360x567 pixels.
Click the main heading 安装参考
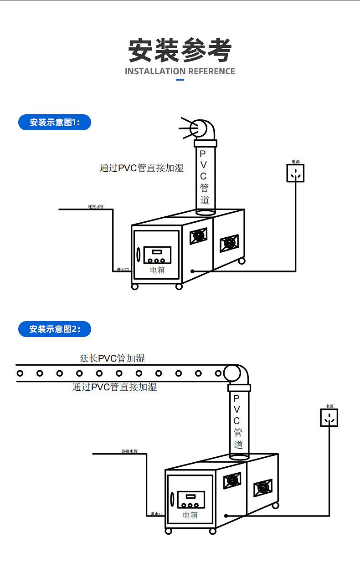(x=180, y=50)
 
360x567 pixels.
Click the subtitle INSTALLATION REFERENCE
(x=180, y=72)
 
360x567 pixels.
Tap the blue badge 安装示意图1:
(x=55, y=123)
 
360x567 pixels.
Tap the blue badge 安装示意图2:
(x=55, y=329)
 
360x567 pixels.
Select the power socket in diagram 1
(x=295, y=173)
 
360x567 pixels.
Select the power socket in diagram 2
(x=329, y=418)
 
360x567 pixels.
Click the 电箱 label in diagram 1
(x=157, y=270)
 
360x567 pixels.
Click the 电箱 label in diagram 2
(x=190, y=515)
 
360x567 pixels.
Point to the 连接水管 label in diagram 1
(x=96, y=207)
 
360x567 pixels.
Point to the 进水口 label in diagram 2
(x=156, y=514)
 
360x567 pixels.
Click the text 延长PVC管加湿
(x=113, y=358)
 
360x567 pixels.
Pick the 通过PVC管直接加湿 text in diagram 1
(x=142, y=168)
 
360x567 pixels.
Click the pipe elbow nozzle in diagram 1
(x=201, y=129)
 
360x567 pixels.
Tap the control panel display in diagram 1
(x=157, y=252)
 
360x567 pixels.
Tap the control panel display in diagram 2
(x=190, y=496)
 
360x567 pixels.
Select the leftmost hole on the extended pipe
(x=20, y=373)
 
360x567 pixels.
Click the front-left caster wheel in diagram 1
(x=134, y=286)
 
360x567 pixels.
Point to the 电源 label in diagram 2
(x=329, y=406)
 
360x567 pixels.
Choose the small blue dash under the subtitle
(x=180, y=80)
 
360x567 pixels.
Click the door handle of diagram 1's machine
(x=139, y=255)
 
